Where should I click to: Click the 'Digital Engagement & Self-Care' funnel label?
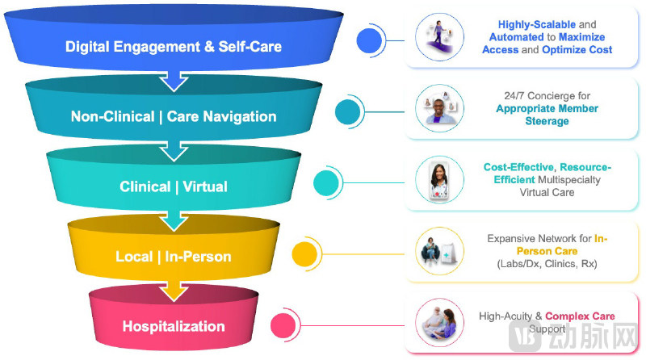coord(174,47)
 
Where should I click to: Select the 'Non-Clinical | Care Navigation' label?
coord(174,116)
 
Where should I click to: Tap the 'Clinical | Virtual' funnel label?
coord(174,186)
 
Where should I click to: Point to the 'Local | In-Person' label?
coord(174,257)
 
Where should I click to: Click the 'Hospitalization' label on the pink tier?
coord(174,326)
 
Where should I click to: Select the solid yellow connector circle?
coord(303,253)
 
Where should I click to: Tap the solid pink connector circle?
coord(282,325)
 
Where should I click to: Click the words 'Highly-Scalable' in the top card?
coord(525,24)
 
